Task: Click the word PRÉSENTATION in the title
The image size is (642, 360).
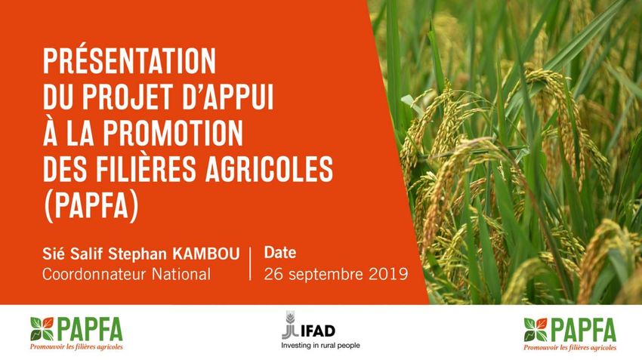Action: (129, 60)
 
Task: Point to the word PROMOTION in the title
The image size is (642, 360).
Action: (173, 133)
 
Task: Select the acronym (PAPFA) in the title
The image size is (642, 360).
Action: (91, 207)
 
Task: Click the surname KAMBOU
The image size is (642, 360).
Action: (206, 254)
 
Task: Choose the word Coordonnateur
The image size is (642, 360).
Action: (94, 274)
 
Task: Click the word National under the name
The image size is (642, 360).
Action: (181, 274)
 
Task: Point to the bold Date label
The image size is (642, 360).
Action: (280, 252)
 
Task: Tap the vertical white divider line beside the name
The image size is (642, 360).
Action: (251, 264)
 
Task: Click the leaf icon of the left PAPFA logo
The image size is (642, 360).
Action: (42, 329)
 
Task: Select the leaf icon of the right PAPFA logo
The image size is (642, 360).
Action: (536, 330)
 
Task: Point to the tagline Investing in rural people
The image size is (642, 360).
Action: (320, 346)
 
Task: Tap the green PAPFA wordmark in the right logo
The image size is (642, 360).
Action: (582, 330)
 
